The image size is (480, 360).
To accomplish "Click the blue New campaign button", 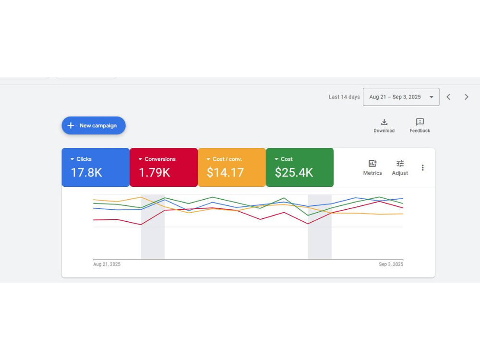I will [94, 125].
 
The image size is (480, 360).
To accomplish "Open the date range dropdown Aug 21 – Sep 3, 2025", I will [401, 97].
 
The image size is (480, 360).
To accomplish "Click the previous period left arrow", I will [448, 97].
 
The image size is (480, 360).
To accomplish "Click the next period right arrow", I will [466, 97].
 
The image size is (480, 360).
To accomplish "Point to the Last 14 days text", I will [344, 97].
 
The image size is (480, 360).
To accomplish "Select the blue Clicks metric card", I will [96, 167].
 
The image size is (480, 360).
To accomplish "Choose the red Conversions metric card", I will [164, 167].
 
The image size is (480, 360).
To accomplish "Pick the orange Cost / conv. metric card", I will [232, 167].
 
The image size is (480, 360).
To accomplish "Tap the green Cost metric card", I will [300, 167].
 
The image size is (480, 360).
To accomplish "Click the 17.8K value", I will [86, 173].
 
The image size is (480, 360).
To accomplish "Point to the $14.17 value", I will [225, 173].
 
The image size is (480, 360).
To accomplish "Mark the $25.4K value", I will [294, 173].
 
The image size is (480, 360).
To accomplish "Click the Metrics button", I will [372, 168].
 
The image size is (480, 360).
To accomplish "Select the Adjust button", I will [400, 168].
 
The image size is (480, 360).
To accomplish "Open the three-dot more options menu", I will [423, 168].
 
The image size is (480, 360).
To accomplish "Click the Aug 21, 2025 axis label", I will [107, 264].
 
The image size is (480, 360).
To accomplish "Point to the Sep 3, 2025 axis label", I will [391, 264].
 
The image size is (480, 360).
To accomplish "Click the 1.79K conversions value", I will [154, 173].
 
